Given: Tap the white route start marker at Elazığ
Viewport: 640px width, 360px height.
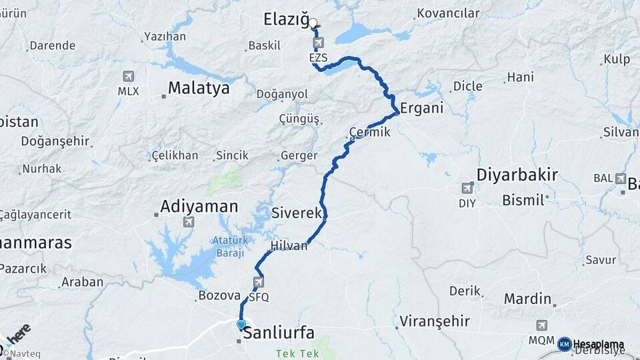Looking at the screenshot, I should [x=313, y=23].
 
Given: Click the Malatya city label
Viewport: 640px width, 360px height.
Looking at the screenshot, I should [x=199, y=88].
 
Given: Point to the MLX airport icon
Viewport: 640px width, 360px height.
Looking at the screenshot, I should [x=128, y=77].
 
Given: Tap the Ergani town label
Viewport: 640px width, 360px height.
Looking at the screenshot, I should [x=421, y=109].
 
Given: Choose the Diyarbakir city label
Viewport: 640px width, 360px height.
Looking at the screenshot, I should [x=517, y=175].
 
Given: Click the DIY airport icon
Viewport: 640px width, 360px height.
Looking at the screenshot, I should [x=468, y=189].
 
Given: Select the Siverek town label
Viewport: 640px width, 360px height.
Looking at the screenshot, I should [x=297, y=213].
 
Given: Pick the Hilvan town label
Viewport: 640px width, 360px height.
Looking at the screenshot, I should [x=289, y=246].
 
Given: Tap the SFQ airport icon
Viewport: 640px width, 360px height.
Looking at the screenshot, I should [x=259, y=283].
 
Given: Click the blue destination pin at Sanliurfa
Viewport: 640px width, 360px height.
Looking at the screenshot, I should [x=241, y=325].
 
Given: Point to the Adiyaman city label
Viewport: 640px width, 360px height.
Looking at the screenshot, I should [x=199, y=207].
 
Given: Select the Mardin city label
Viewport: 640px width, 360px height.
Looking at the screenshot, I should [x=527, y=298].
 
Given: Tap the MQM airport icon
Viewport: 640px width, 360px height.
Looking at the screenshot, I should [x=542, y=325].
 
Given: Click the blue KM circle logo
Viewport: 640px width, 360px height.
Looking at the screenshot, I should [x=565, y=344].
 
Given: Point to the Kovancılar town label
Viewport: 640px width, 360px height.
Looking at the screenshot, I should [x=448, y=13].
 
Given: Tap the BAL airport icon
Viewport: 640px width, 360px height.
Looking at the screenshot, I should [x=621, y=179].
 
